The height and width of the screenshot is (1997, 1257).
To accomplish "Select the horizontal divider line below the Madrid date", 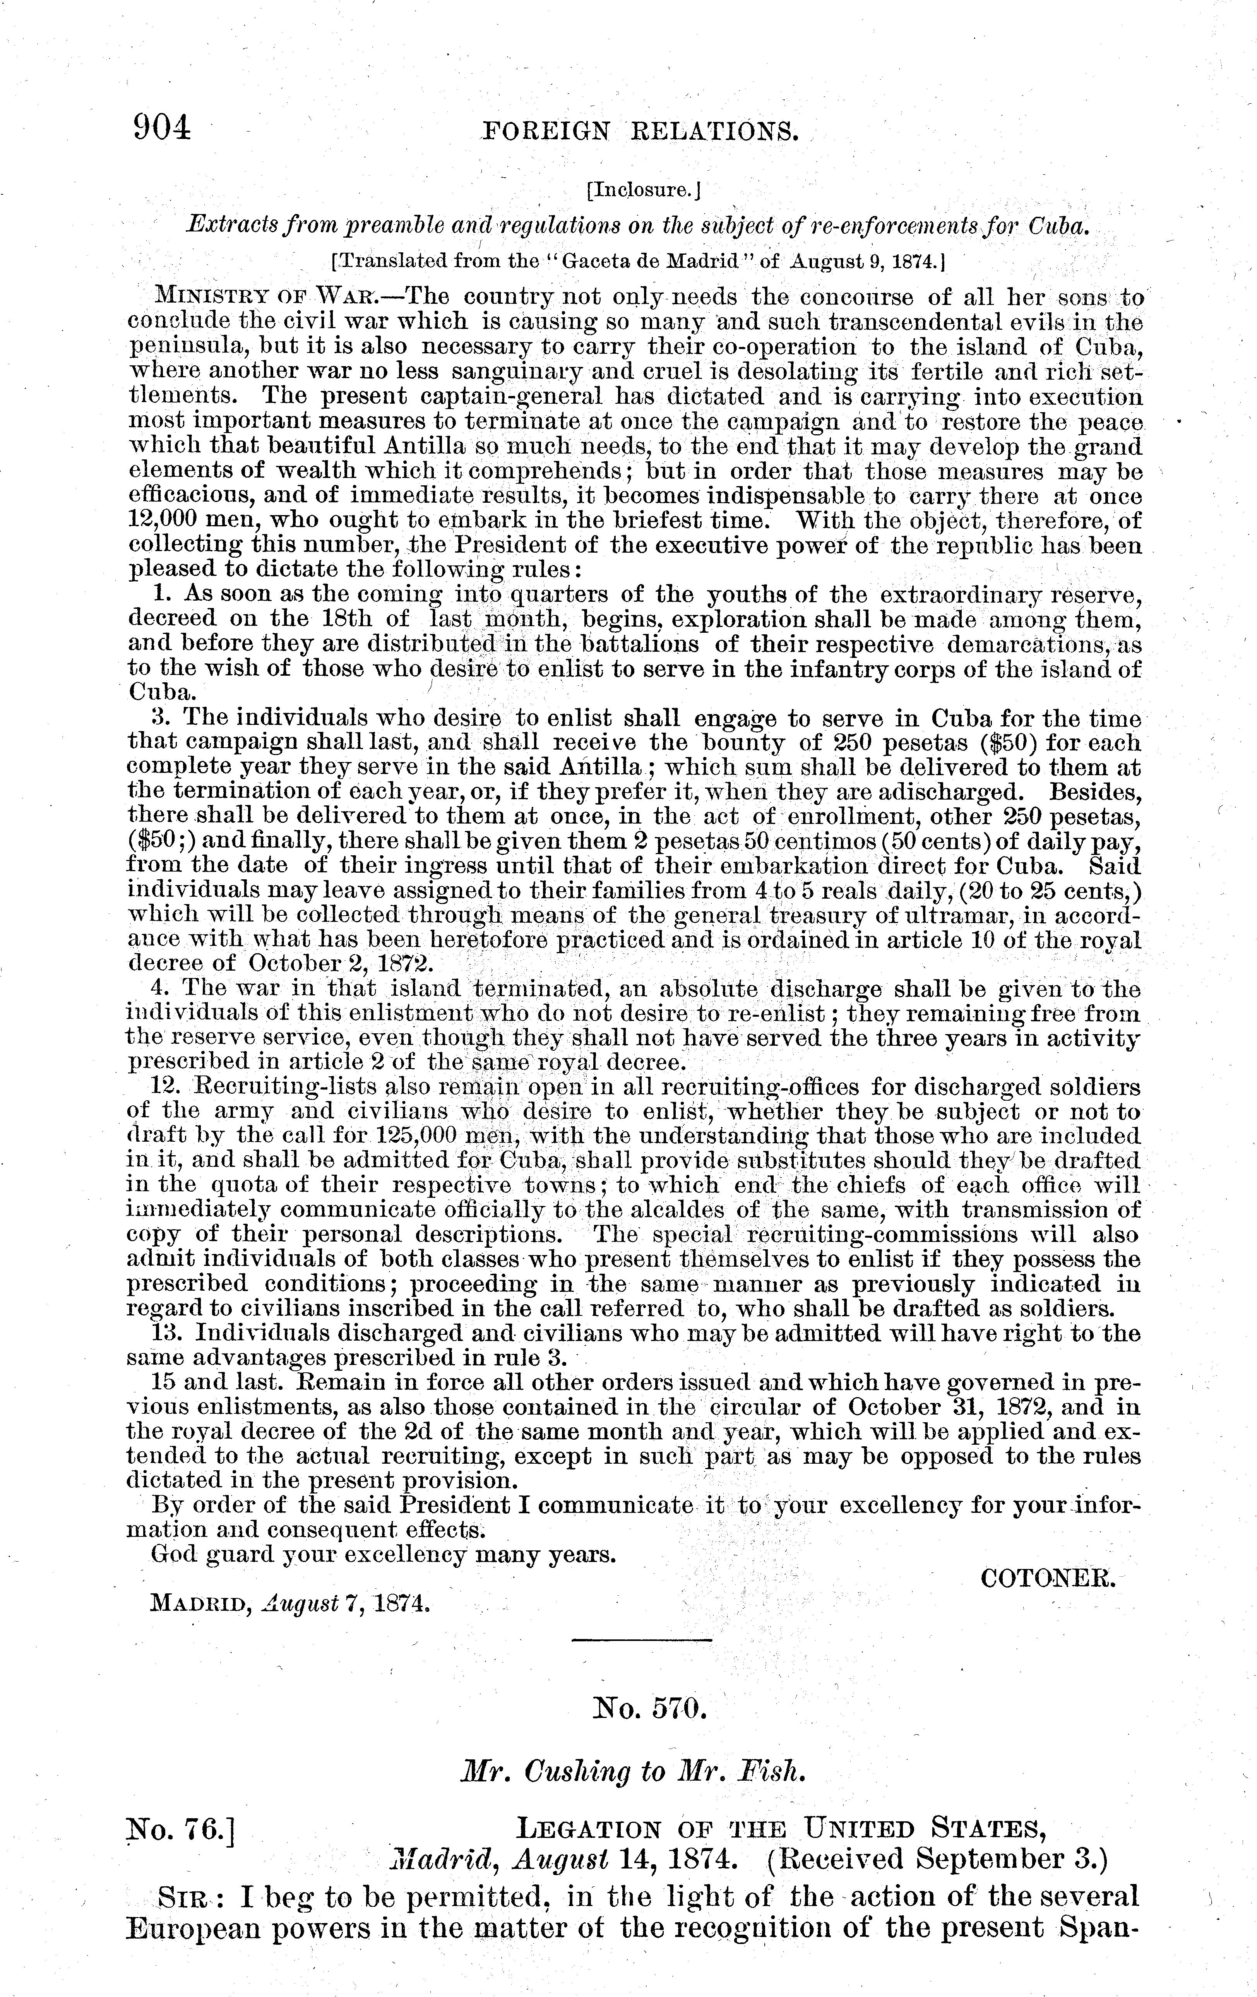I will pos(642,1641).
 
